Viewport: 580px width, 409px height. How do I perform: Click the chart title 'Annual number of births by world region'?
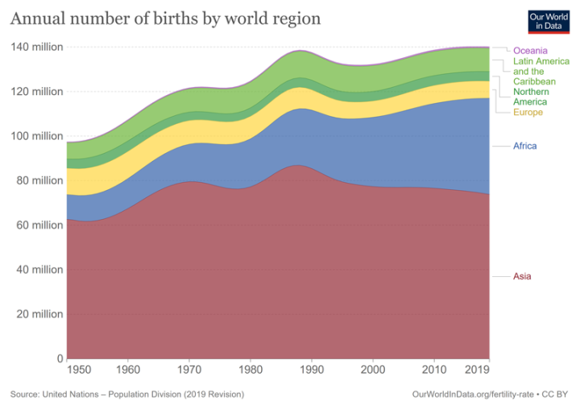point(165,18)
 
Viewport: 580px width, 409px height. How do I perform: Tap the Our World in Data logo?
point(549,21)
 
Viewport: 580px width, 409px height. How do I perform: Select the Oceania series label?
point(531,51)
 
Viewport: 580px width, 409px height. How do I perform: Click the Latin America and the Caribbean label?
point(541,72)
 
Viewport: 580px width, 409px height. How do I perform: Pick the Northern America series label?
point(534,97)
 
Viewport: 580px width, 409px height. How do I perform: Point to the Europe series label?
point(528,112)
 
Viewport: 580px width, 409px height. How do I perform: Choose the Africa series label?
point(524,146)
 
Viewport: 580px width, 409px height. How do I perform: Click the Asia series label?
point(522,277)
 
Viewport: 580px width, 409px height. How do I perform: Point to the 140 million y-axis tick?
point(36,48)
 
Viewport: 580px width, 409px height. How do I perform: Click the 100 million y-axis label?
point(36,136)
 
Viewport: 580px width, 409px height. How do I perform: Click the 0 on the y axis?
point(59,358)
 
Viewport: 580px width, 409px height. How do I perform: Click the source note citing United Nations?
point(127,395)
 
